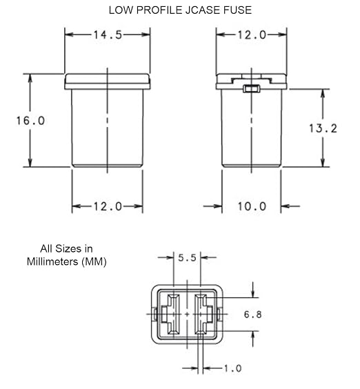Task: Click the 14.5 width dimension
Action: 108,34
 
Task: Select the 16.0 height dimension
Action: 30,121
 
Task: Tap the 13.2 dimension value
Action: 323,128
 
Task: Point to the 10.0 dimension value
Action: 252,206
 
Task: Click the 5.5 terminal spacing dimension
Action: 187,258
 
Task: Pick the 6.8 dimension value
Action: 253,315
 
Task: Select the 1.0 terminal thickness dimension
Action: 232,368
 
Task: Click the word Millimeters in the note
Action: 52,261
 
